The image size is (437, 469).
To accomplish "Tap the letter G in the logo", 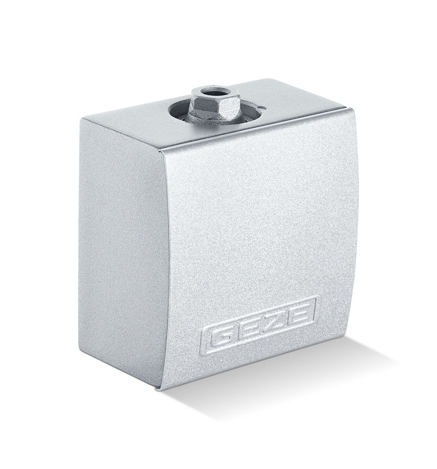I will click(x=220, y=337).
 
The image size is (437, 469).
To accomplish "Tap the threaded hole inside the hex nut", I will click(x=215, y=91).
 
